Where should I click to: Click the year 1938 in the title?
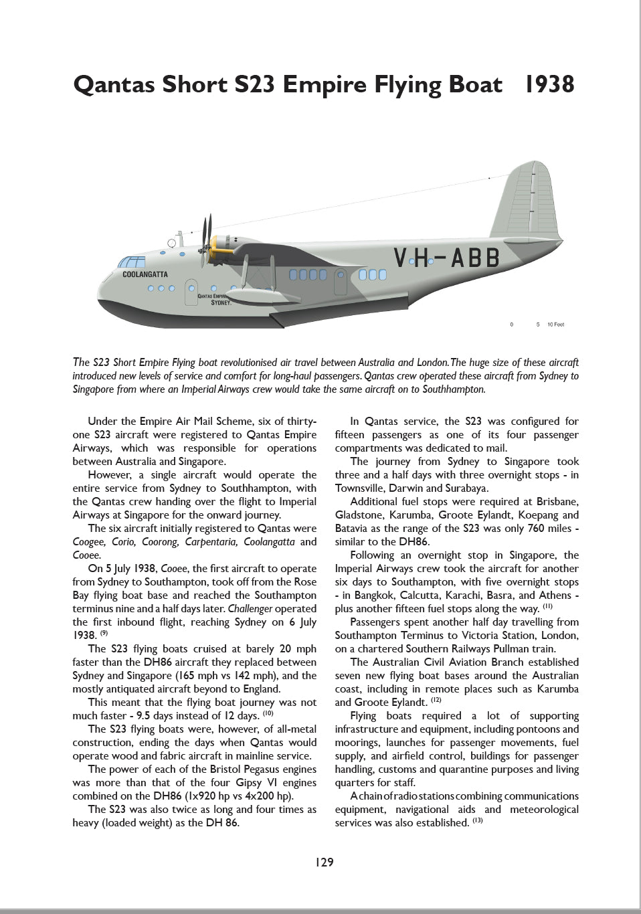click(x=549, y=84)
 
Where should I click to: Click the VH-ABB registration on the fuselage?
click(x=446, y=258)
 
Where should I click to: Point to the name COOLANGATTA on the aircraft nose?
click(x=145, y=274)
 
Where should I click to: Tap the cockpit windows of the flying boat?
click(x=132, y=262)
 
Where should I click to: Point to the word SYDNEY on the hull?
click(x=220, y=302)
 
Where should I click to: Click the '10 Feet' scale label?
click(x=555, y=325)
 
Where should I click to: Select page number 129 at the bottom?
click(x=324, y=862)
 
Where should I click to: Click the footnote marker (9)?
click(x=104, y=633)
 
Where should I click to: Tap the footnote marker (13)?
click(x=477, y=820)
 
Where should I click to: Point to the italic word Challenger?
click(x=250, y=609)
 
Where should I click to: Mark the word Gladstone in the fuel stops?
click(x=359, y=515)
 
